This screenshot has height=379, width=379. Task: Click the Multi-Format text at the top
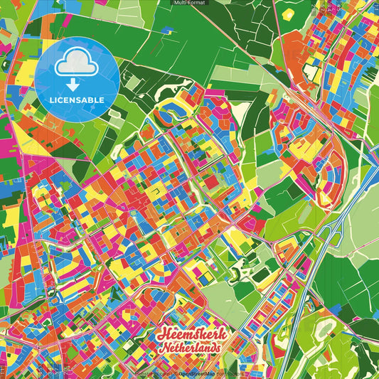coord(189,3)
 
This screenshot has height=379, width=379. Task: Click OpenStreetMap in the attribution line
coord(197,374)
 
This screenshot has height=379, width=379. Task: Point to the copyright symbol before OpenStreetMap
coord(176,374)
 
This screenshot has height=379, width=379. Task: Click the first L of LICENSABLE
coord(53,100)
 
